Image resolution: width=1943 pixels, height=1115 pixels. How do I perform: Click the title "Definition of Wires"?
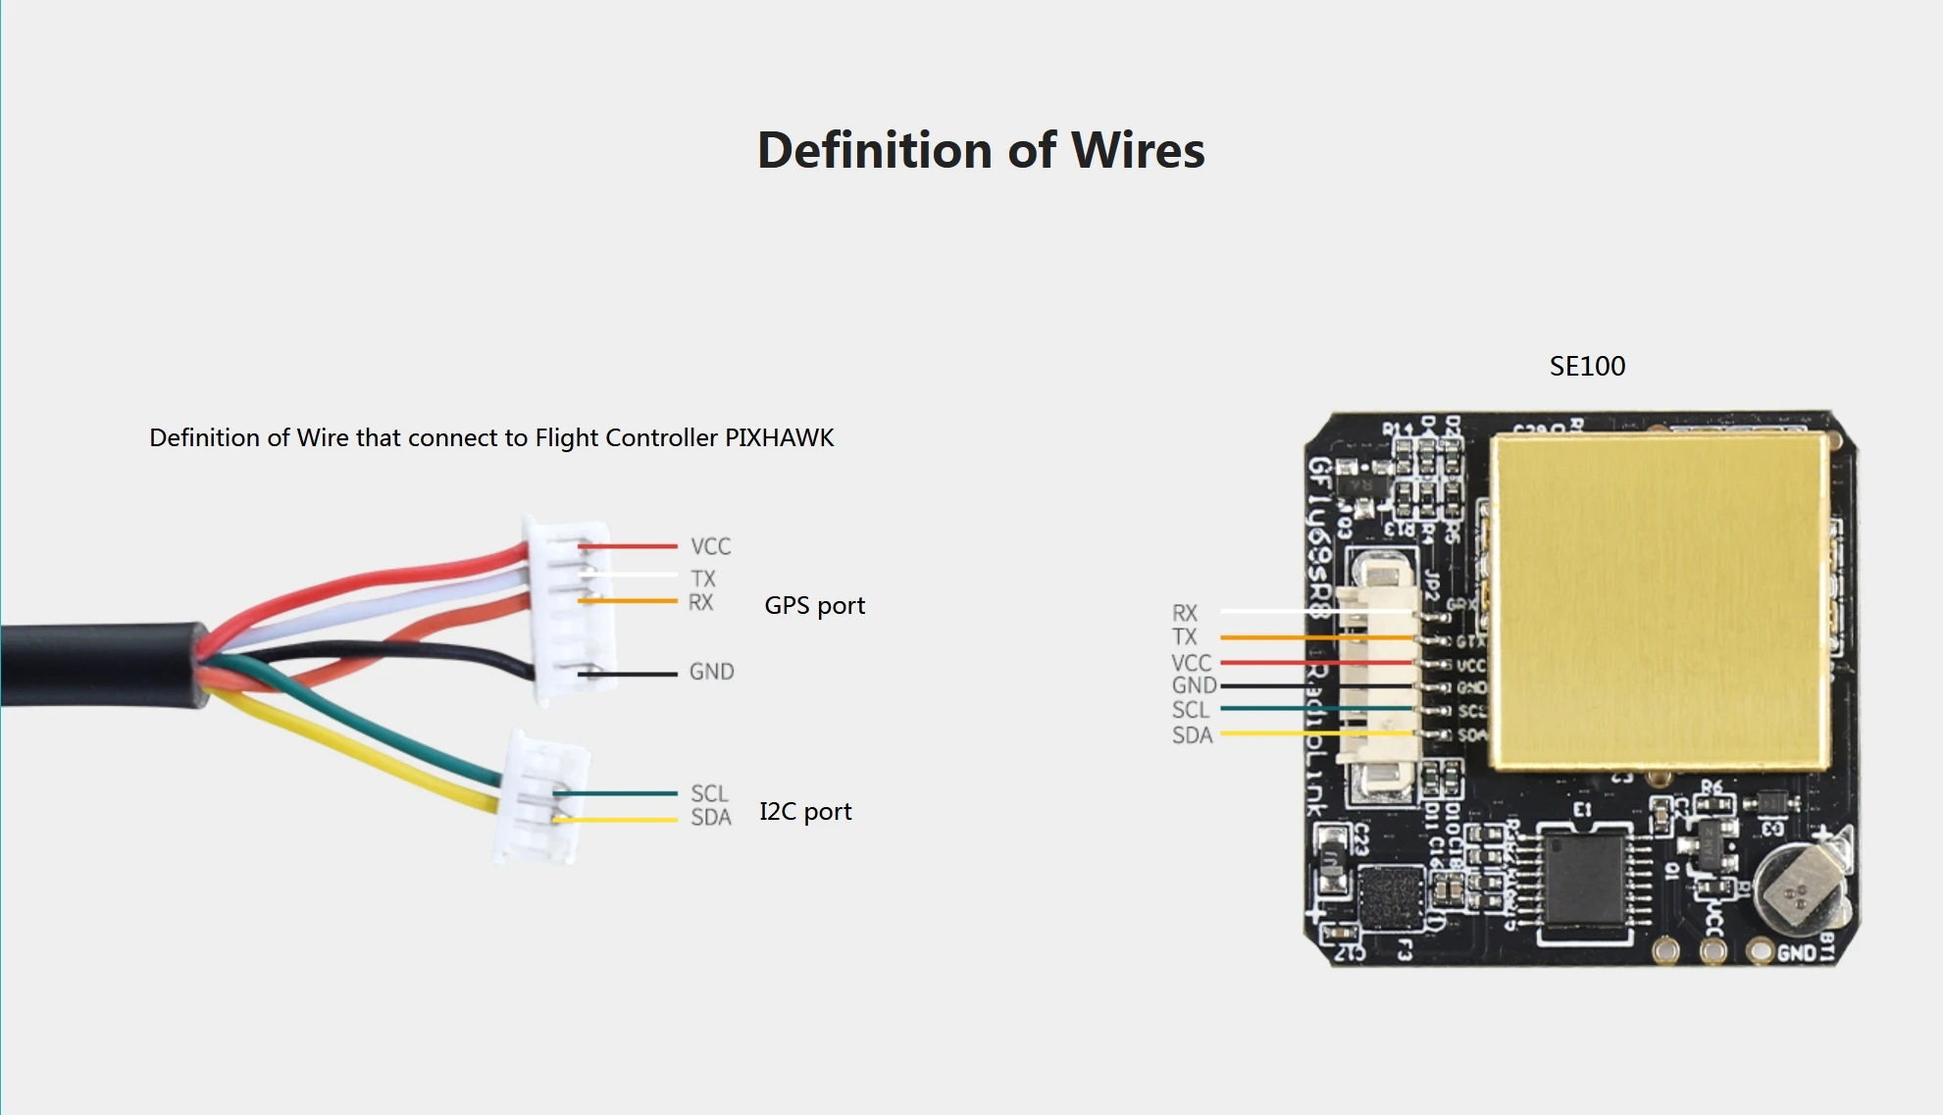(981, 151)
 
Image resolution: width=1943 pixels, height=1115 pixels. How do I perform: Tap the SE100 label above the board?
(1587, 367)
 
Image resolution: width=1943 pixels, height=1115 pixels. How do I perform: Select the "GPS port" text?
(814, 606)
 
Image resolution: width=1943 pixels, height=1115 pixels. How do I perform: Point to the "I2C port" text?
(805, 812)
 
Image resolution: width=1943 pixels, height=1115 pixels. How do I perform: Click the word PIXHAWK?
(779, 438)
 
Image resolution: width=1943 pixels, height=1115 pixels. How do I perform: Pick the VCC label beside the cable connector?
(710, 546)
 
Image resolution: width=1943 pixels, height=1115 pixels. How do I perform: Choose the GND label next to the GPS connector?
(711, 672)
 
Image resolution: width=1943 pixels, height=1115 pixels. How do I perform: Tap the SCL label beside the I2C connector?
(709, 793)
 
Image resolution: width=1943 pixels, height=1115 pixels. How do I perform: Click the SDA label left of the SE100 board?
(1192, 735)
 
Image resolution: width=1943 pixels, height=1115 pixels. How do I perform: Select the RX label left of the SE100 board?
(1185, 613)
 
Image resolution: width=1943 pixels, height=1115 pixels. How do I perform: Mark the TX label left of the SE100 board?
(1185, 637)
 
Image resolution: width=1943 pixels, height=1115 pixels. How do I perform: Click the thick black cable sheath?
(98, 664)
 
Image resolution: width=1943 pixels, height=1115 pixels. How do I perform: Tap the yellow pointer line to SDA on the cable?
(618, 820)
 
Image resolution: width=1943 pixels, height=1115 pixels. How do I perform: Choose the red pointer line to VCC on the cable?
(628, 546)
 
